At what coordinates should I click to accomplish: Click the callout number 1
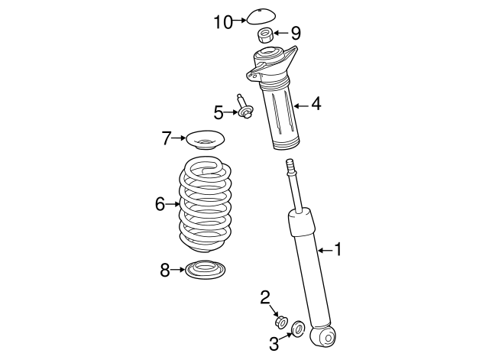click(x=338, y=249)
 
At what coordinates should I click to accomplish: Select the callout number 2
click(x=265, y=297)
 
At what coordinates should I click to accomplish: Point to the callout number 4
click(x=316, y=103)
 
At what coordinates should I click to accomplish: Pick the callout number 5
click(x=219, y=113)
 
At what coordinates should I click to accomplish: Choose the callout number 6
click(x=160, y=203)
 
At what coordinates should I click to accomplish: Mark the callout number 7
click(x=167, y=138)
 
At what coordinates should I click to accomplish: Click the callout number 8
click(x=165, y=270)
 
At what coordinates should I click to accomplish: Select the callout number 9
click(x=296, y=33)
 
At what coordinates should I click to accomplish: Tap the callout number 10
click(x=222, y=22)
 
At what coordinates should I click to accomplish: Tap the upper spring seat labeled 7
click(x=204, y=142)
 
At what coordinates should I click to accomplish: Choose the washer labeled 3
click(x=298, y=329)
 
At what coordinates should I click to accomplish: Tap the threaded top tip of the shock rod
click(x=290, y=165)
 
